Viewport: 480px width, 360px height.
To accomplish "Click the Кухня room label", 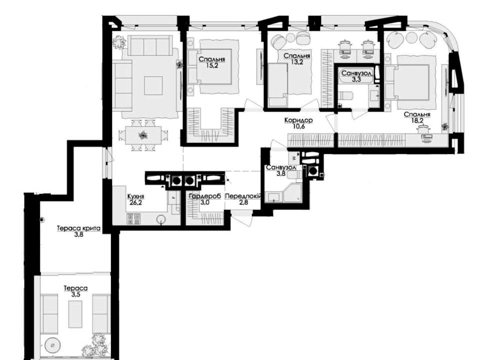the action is [135, 197].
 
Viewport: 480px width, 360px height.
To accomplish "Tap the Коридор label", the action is [298, 120].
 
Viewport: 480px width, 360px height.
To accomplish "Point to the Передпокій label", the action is [243, 196].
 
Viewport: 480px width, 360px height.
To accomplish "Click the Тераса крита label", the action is [78, 228].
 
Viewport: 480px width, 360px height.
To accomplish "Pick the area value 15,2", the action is [212, 65].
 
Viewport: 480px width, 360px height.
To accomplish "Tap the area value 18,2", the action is [417, 120].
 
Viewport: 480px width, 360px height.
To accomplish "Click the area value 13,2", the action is [296, 62].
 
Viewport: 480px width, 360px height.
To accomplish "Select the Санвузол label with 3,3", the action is [357, 73].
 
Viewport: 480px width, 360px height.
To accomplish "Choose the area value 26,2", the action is [135, 202].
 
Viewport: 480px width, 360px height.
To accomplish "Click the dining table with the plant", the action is [142, 135].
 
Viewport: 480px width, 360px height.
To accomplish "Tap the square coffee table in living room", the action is [153, 85].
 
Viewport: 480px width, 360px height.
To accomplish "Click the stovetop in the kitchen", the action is [133, 218].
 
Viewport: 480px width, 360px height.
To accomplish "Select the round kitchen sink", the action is [160, 219].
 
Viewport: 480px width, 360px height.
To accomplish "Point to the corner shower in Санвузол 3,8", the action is [292, 193].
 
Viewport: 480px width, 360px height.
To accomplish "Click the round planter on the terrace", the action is [52, 345].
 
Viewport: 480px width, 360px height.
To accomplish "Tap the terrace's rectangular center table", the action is [75, 314].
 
